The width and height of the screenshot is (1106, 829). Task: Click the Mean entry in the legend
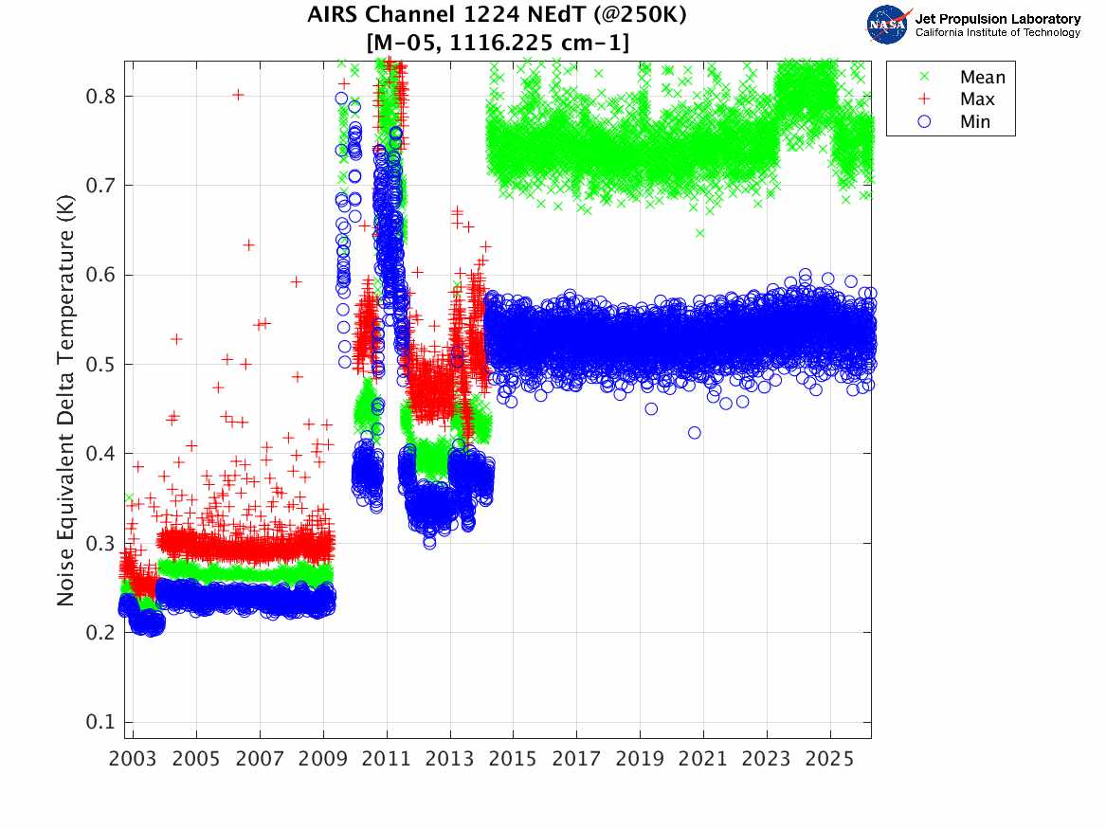pyautogui.click(x=982, y=78)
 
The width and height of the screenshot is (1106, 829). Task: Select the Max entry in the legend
pyautogui.click(x=978, y=99)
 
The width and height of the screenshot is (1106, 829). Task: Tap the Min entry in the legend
pyautogui.click(x=975, y=121)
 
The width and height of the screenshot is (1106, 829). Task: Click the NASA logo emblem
pyautogui.click(x=888, y=25)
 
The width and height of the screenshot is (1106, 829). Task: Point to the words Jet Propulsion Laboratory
pyautogui.click(x=997, y=18)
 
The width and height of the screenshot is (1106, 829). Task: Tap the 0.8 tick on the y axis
pyautogui.click(x=99, y=96)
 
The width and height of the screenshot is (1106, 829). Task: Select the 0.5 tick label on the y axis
pyautogui.click(x=99, y=364)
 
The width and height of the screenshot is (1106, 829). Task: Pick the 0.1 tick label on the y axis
pyautogui.click(x=99, y=722)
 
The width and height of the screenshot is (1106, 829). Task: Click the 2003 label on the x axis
pyautogui.click(x=133, y=759)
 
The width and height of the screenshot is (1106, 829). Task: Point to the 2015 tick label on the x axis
pyautogui.click(x=513, y=759)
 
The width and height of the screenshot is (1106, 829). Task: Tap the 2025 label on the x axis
pyautogui.click(x=830, y=759)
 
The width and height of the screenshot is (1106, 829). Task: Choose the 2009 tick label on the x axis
pyautogui.click(x=323, y=759)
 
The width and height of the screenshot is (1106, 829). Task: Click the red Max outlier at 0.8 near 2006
pyautogui.click(x=238, y=94)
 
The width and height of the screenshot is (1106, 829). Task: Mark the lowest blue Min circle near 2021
pyautogui.click(x=695, y=432)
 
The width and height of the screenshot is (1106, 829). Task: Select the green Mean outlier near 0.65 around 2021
pyautogui.click(x=699, y=232)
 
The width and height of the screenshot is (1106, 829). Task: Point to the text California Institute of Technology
pyautogui.click(x=997, y=33)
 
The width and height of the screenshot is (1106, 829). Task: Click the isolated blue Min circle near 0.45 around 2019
pyautogui.click(x=651, y=408)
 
